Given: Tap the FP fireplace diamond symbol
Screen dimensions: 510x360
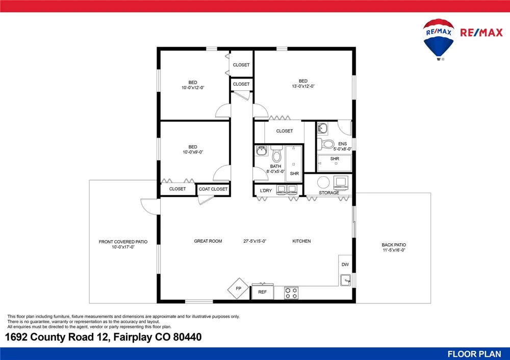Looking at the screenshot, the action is coord(238,289).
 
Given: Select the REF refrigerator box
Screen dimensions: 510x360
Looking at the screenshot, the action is coord(262,292).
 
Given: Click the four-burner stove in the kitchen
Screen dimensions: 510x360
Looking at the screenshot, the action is coord(291,293).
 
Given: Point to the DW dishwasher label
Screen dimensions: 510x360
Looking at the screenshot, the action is coord(345,265).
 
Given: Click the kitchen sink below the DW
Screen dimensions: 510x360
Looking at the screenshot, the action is coord(345,280).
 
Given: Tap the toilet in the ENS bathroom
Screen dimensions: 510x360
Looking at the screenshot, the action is coord(326,144).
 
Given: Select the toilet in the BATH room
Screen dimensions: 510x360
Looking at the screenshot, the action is coord(276,154).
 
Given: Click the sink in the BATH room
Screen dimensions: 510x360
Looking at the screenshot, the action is coord(261,150).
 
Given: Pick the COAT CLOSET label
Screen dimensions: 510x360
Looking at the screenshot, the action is coord(213,189).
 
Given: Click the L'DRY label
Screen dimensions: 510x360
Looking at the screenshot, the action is coord(266,191).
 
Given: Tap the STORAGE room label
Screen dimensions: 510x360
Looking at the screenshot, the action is coord(329,193).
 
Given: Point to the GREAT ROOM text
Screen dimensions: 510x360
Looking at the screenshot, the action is coord(208,241).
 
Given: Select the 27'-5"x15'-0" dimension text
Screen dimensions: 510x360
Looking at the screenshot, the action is coord(254,241).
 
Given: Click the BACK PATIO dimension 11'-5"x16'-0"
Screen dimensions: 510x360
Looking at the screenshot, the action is coord(394,250).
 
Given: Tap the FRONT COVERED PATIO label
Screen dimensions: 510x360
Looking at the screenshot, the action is coord(123,242).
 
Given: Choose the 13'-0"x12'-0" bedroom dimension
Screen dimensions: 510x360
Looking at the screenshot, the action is coord(303,86).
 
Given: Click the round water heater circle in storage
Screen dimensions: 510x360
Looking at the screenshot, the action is coord(323,183).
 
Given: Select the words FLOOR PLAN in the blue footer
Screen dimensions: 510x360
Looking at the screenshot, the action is coord(474,354).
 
